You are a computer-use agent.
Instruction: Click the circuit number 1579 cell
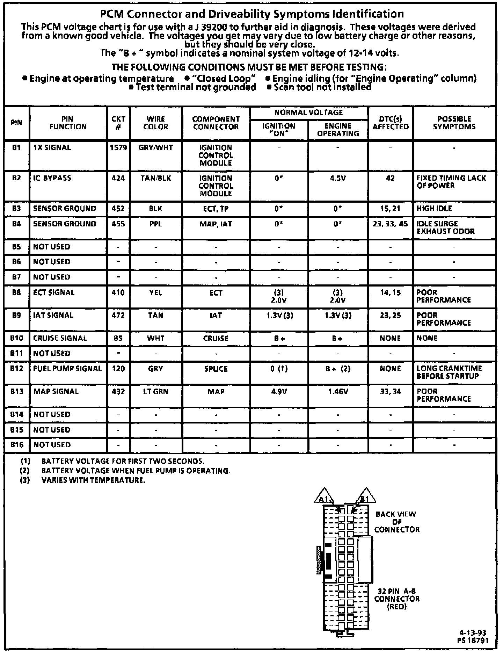118,148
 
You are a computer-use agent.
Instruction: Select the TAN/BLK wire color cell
156,178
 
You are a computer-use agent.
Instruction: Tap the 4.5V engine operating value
338,178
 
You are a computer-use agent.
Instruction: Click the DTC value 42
390,178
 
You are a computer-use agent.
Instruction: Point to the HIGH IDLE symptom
434,209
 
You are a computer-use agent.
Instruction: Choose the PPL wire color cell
156,224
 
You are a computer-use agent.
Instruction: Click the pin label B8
16,292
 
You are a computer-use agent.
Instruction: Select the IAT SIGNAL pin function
53,315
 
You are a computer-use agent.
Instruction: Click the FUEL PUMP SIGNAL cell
67,369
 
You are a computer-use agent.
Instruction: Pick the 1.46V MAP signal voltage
338,392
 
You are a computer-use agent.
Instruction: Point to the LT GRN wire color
156,392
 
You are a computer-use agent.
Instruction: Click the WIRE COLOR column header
156,123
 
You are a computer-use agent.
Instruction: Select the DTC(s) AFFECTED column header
391,123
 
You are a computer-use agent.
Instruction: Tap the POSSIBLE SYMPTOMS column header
454,123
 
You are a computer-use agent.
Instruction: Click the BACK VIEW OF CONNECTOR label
396,522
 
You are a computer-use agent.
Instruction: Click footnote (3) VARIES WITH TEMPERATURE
93,480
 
